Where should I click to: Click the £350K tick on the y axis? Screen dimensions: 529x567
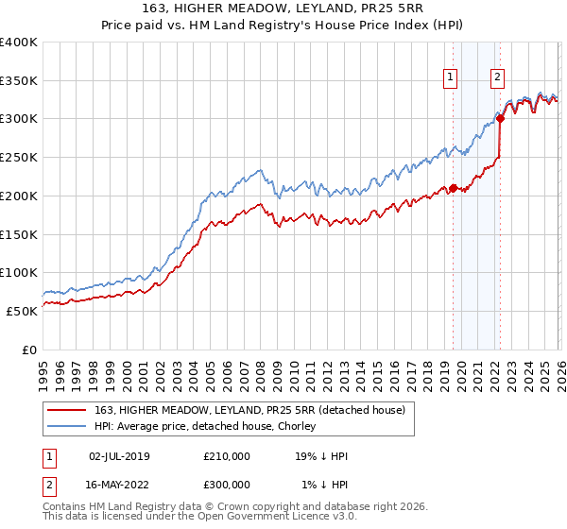pos(19,81)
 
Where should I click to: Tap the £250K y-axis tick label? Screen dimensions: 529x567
pos(19,158)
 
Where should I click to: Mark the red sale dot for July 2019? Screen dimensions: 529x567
pos(453,188)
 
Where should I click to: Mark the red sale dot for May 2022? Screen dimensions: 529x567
pos(500,119)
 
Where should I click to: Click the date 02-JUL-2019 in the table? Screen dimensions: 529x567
pos(119,457)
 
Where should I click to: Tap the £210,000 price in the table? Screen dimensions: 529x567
pos(227,457)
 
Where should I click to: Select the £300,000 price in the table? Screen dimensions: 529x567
pos(227,484)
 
